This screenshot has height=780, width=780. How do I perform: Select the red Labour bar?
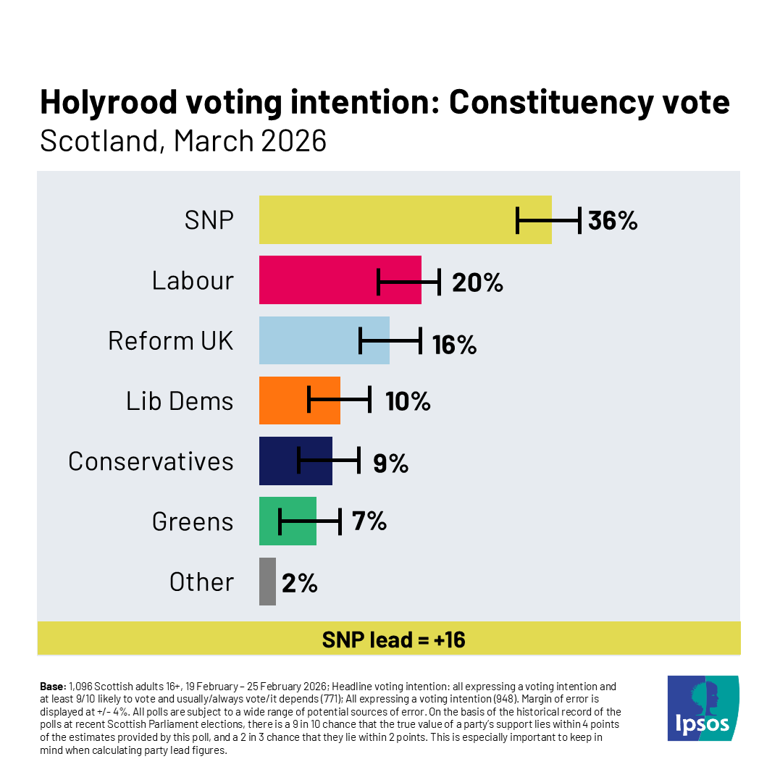click(319, 280)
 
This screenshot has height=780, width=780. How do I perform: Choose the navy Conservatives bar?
click(279, 461)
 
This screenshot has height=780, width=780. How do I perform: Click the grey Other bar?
click(267, 581)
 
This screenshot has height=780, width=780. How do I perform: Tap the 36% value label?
click(613, 220)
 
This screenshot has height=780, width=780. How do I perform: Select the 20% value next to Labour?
click(477, 281)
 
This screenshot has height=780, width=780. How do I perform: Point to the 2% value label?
click(300, 582)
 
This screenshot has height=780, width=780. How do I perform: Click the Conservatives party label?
click(151, 461)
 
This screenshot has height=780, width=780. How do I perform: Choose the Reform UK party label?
click(171, 340)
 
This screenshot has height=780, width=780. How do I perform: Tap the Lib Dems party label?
click(180, 401)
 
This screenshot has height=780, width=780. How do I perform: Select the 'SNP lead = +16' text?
click(393, 639)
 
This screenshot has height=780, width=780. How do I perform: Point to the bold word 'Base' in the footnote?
click(53, 685)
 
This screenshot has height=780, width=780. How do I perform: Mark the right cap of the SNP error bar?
click(579, 219)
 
